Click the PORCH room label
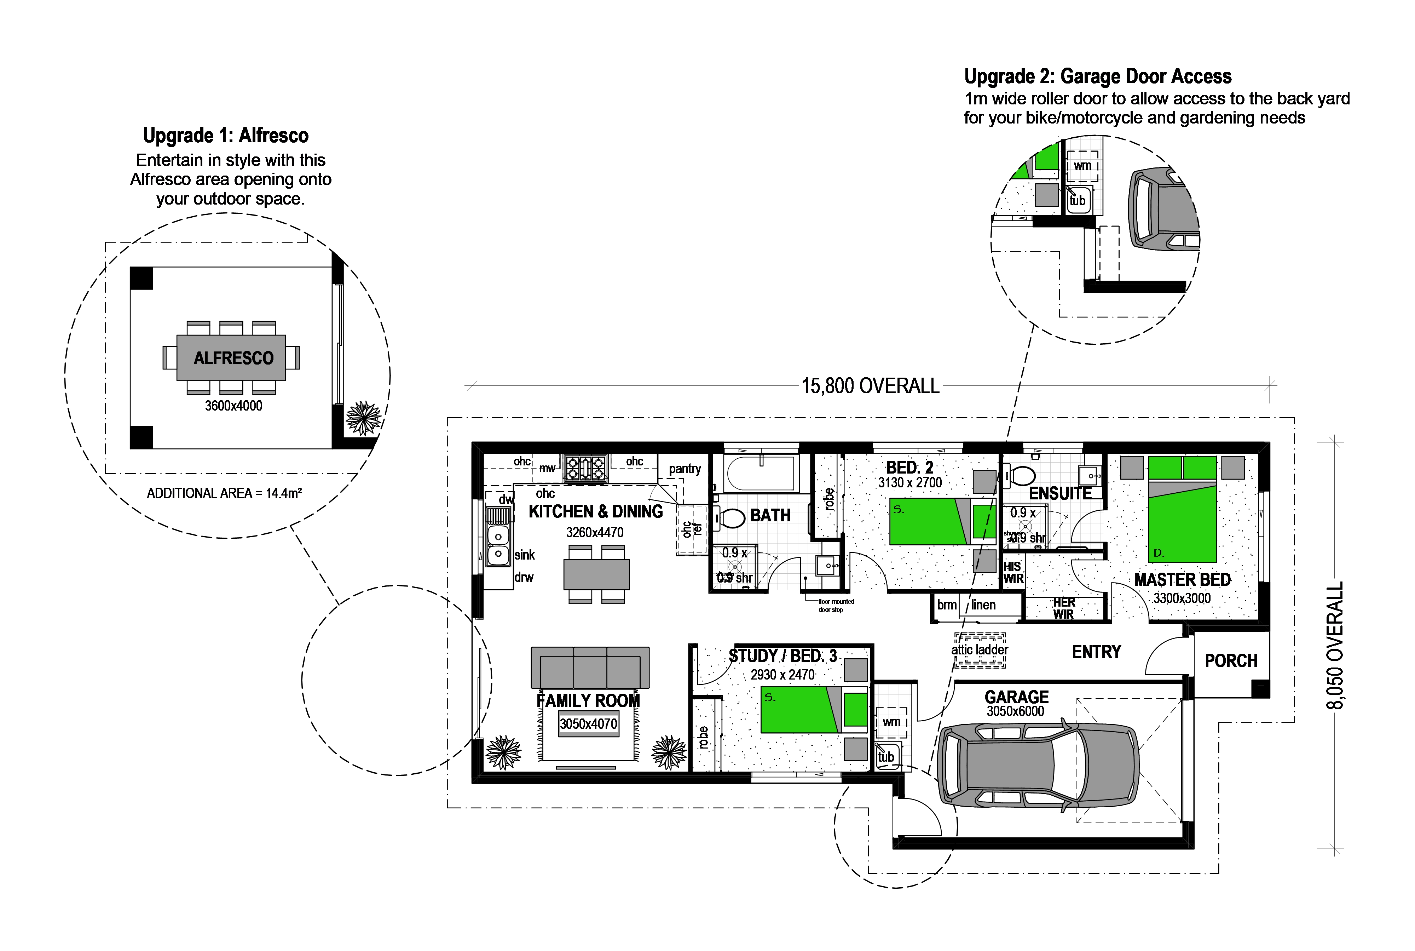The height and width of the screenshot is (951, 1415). point(1231,660)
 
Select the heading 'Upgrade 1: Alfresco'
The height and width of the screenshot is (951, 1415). point(226,135)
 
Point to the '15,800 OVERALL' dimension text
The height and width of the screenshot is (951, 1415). point(870,386)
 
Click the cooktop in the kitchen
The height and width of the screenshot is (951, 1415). point(585,468)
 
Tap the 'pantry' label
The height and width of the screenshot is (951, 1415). point(685,469)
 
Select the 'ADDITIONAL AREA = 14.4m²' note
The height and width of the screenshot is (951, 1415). point(224,493)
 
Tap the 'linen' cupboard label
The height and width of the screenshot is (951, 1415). point(983,605)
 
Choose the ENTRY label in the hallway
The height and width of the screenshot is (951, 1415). point(1096,652)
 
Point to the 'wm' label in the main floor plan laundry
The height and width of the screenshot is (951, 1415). point(891,722)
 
